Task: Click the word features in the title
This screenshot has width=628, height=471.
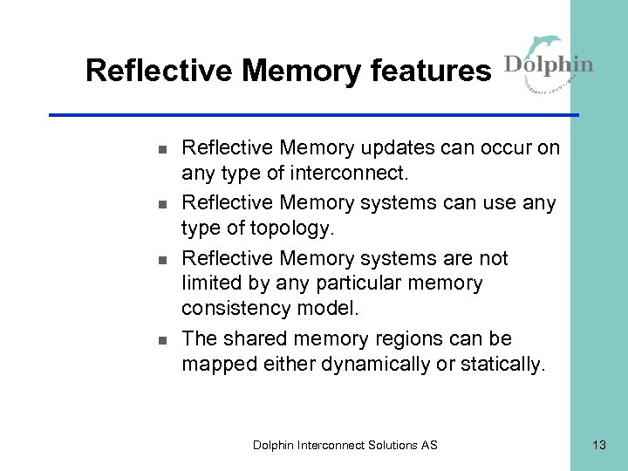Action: click(432, 71)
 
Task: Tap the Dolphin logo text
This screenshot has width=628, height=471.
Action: click(549, 65)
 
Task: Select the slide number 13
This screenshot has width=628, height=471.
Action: click(598, 445)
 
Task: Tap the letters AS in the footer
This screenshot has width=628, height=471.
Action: click(429, 445)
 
